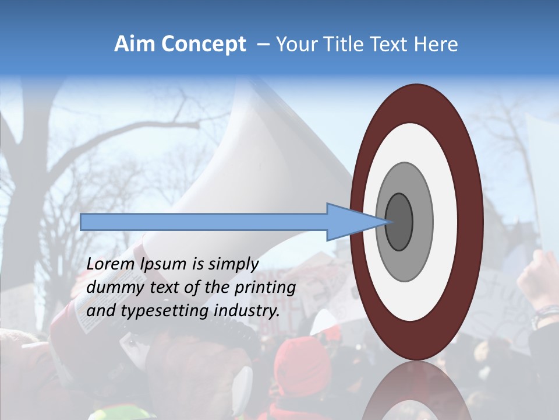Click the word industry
(x=247, y=310)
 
